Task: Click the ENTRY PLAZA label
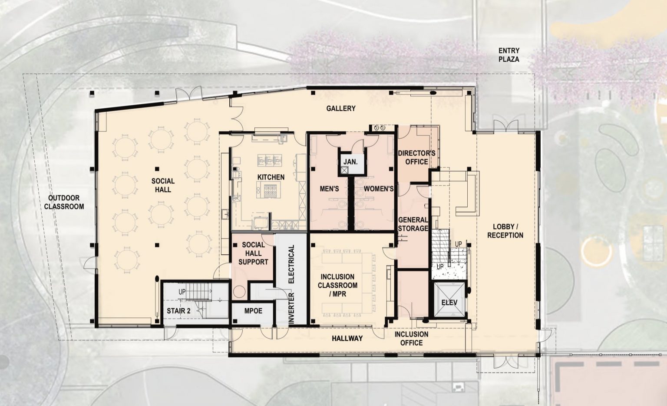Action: point(509,55)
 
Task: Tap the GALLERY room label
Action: point(341,108)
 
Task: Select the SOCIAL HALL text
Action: point(163,185)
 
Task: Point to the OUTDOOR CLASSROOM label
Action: point(64,202)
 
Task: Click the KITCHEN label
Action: point(271,177)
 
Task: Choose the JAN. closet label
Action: point(350,162)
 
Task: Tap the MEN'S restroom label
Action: point(329,189)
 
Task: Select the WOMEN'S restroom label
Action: point(378,189)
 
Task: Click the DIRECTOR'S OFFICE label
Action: point(416,157)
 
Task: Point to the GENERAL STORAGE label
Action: point(413,224)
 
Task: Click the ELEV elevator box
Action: point(449,302)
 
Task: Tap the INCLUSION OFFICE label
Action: point(411,338)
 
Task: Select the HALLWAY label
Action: point(347,338)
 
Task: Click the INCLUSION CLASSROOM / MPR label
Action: point(337,285)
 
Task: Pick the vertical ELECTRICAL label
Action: point(291,264)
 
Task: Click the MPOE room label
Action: point(253,311)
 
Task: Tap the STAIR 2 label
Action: point(179,311)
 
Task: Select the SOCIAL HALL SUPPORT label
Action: point(253,253)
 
